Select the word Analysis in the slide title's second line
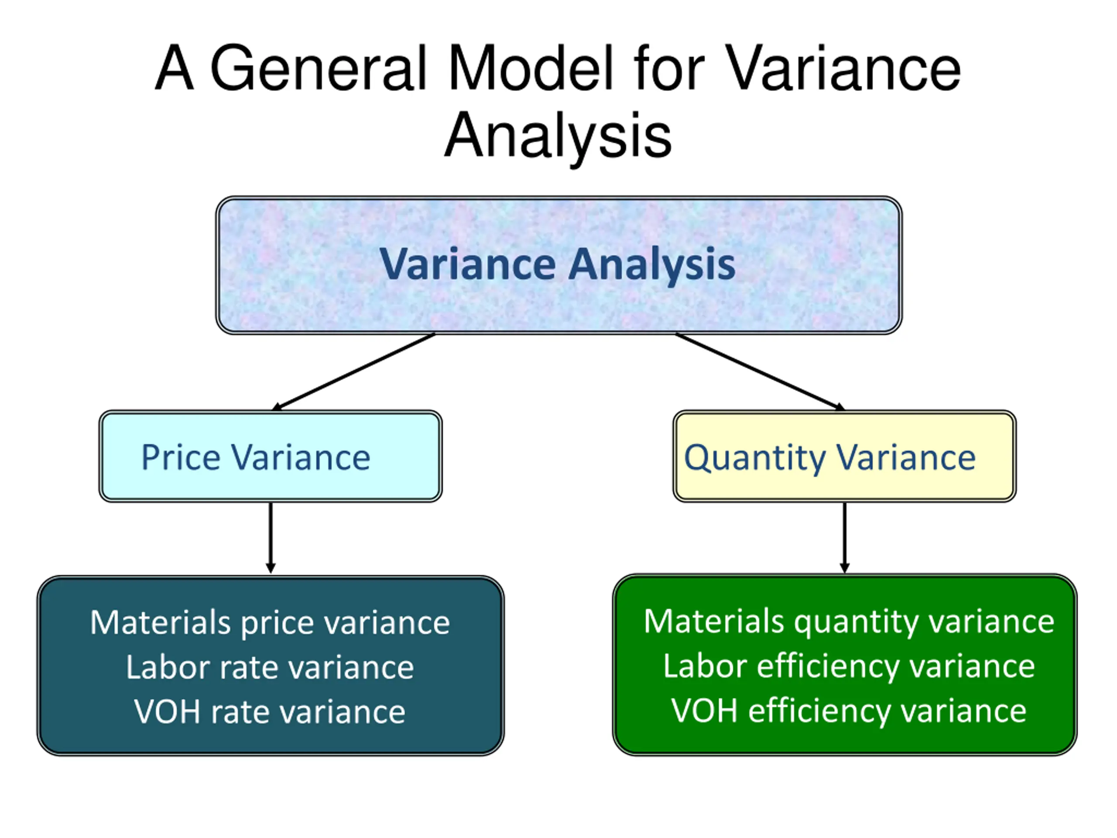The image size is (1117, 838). (558, 135)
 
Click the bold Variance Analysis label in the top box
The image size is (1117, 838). (558, 264)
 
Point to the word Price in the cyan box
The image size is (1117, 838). (181, 458)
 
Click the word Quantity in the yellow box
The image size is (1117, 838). (755, 458)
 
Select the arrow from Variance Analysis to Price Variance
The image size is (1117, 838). (353, 372)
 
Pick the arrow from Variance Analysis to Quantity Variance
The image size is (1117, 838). (760, 372)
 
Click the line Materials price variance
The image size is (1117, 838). (270, 622)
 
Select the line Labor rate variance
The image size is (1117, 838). (270, 667)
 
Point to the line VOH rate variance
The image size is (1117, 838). (270, 712)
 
